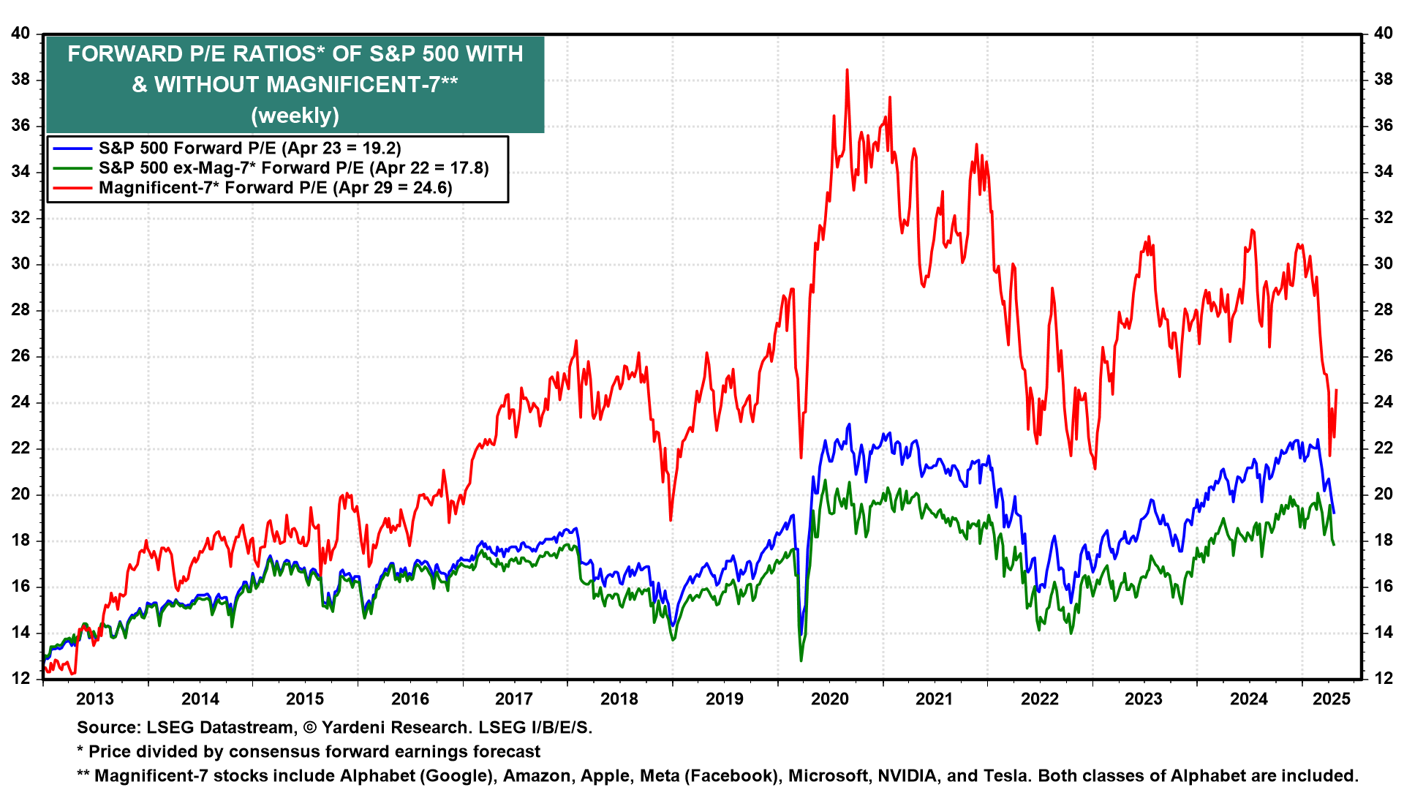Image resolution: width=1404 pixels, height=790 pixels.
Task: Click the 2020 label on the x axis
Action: tap(830, 699)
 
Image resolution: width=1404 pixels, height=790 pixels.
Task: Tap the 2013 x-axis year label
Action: tap(95, 699)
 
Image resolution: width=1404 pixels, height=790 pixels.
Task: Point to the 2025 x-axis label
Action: tap(1332, 699)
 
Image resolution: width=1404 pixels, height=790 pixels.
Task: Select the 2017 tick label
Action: tap(514, 699)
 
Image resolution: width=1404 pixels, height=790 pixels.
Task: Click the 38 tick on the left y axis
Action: tap(20, 80)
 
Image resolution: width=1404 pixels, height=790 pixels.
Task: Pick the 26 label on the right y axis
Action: tap(1384, 356)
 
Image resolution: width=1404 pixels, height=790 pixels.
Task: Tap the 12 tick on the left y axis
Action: tap(20, 679)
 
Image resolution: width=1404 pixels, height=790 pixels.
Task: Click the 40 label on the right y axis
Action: tap(1384, 34)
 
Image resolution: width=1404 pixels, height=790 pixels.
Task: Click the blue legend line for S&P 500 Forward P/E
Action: tap(72, 148)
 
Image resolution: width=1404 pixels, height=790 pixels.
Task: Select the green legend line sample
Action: tap(72, 168)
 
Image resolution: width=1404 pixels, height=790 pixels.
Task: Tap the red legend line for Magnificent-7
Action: tap(72, 188)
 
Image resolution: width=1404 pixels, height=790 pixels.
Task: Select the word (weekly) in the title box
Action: tap(295, 116)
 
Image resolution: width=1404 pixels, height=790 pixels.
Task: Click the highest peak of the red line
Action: tap(847, 70)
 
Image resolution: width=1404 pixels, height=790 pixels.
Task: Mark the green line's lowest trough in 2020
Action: tap(801, 661)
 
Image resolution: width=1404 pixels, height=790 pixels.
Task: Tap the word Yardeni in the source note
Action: tap(356, 728)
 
